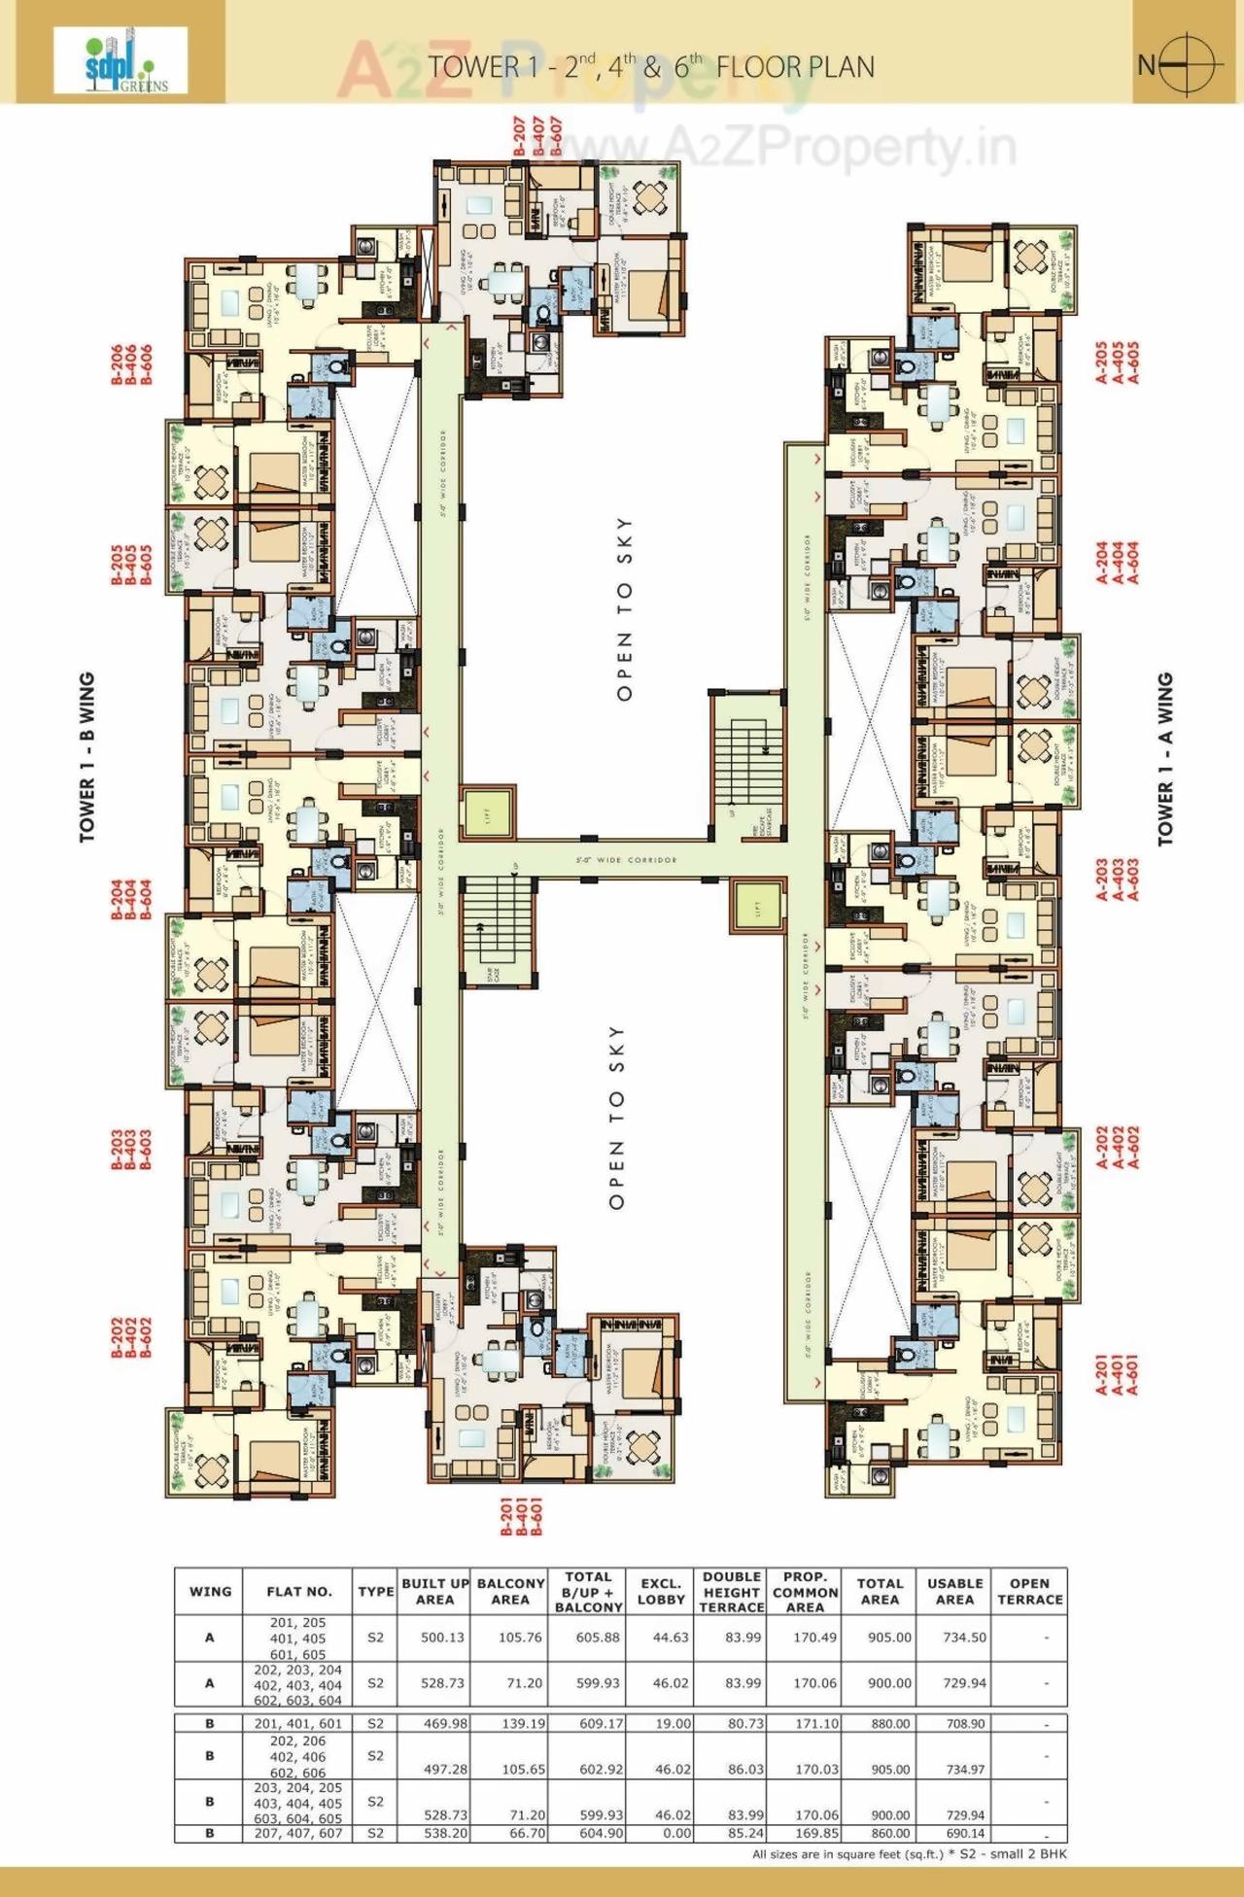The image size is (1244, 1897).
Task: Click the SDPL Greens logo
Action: (121, 60)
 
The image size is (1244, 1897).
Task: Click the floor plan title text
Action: (651, 66)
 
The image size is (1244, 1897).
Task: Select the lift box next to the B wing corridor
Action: (487, 816)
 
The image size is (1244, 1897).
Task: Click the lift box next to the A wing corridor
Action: (756, 906)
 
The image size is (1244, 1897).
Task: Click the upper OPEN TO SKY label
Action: (624, 609)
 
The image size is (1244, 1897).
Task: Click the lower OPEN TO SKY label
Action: (616, 1118)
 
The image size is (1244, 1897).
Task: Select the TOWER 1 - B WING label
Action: (87, 757)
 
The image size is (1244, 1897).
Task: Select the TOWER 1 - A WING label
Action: (1165, 759)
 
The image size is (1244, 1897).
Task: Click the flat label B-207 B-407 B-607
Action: (536, 137)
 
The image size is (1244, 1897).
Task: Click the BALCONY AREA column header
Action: (510, 1591)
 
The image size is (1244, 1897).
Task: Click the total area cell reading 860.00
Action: (889, 1833)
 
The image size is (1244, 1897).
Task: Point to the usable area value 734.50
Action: (964, 1638)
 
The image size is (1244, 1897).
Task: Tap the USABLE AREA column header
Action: (954, 1591)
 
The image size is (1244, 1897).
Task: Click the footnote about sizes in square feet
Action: (909, 1854)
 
